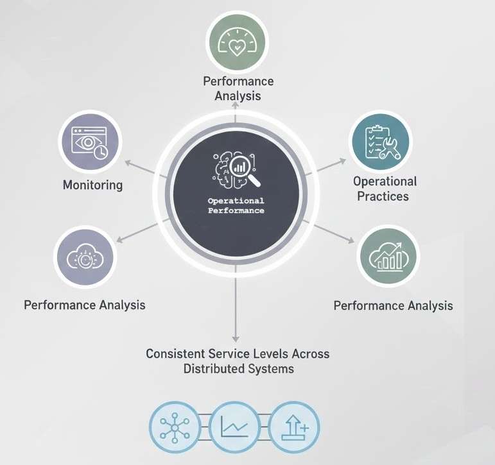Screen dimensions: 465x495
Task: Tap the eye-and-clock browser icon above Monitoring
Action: click(91, 144)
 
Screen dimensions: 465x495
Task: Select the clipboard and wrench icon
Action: click(381, 142)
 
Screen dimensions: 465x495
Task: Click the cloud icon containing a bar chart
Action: click(387, 255)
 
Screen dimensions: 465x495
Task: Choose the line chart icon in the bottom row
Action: click(235, 428)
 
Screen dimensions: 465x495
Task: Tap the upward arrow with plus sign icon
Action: click(293, 428)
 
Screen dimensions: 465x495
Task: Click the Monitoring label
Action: click(92, 185)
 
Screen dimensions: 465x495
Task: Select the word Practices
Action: click(383, 196)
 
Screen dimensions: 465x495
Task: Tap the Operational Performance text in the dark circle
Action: click(236, 205)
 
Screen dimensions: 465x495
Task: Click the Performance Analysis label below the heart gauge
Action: click(238, 89)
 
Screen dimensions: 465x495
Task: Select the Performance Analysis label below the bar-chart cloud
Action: click(393, 305)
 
